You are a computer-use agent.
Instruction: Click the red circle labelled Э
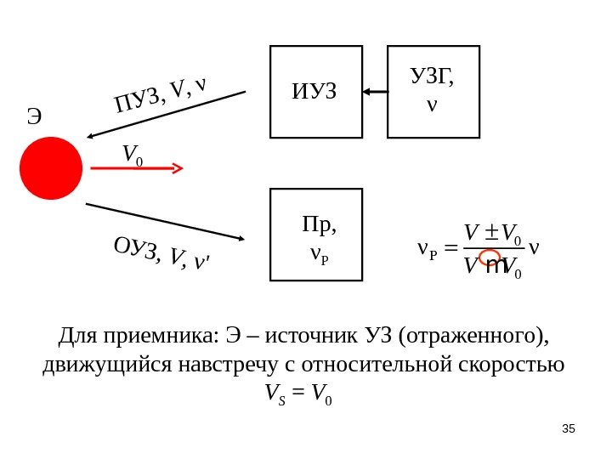(x=51, y=168)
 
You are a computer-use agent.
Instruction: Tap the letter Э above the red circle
(x=35, y=116)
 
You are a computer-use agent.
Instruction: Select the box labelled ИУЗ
(x=316, y=92)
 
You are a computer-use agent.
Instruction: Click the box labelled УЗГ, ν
(x=433, y=92)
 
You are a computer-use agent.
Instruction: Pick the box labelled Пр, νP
(x=316, y=235)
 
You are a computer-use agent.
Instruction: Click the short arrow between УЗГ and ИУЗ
(x=375, y=91)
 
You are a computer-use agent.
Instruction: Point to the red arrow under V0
(x=136, y=168)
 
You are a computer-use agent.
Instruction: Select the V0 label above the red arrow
(x=132, y=155)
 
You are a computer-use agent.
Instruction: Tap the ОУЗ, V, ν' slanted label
(x=161, y=253)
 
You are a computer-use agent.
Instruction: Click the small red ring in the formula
(x=490, y=258)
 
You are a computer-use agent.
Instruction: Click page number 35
(x=569, y=428)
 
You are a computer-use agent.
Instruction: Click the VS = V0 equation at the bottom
(x=298, y=394)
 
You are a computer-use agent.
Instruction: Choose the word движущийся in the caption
(x=108, y=365)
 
